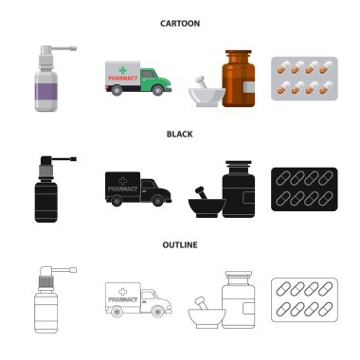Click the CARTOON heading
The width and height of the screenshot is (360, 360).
(180, 24)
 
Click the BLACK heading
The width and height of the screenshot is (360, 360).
(180, 135)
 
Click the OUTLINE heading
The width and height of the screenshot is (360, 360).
(180, 245)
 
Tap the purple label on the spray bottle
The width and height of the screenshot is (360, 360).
(46, 91)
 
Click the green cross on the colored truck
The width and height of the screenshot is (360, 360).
(123, 70)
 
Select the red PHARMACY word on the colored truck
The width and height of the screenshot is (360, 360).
(123, 78)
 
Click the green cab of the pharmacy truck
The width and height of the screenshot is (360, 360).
(155, 81)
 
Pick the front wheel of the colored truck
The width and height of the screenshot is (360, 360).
(157, 90)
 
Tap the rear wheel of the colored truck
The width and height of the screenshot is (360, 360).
(117, 90)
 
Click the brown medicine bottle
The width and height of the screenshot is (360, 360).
(239, 79)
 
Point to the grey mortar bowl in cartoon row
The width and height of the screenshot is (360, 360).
(207, 97)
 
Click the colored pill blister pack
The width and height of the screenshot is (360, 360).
(304, 79)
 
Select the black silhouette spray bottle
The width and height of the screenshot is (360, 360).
(46, 189)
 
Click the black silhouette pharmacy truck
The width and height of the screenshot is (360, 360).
(138, 189)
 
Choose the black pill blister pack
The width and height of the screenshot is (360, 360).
(304, 189)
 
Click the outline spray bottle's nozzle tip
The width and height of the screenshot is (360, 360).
(73, 270)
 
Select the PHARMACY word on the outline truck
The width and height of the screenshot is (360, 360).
(123, 299)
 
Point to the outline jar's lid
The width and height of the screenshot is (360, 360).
(239, 274)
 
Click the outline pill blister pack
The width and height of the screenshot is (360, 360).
(304, 299)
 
